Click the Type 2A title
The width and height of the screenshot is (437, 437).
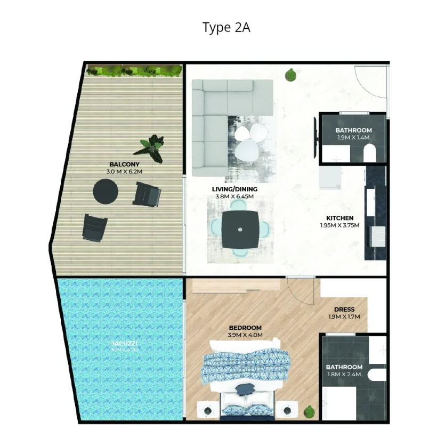pos(226,27)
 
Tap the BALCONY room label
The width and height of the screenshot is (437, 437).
pos(124,165)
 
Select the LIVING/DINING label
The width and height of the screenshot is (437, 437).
pos(234,189)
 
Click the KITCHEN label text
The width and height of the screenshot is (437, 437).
pos(340,218)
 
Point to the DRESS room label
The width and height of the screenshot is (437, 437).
pos(344,310)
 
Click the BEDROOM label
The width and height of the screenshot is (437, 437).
pos(245,328)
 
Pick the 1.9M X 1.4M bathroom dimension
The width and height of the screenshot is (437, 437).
pos(352,137)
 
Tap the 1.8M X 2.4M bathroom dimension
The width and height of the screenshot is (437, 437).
pos(344,374)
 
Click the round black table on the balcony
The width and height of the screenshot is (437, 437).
pos(106,191)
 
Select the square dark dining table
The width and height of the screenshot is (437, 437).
pos(240,229)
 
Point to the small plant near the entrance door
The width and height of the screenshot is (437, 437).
pos(291,75)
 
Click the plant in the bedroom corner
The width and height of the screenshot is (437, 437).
pos(308,411)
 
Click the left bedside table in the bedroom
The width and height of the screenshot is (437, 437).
pos(207,410)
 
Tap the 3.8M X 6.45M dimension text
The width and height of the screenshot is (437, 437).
pos(234,196)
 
